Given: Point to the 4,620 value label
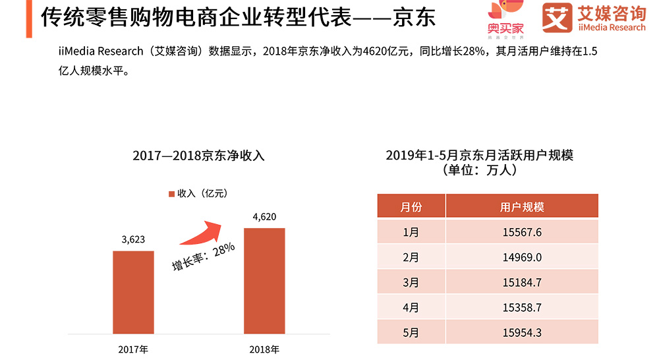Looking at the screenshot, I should pos(264,217).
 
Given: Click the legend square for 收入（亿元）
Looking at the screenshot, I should pos(171,194).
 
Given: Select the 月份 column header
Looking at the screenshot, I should pos(411,207).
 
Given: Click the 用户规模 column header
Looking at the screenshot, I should pos(522,207).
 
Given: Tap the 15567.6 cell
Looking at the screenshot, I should pos(522,232).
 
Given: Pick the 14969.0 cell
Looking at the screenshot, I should pos(522,257).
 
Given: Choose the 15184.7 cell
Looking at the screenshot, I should pos(522,282).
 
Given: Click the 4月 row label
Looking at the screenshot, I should pos(411,307).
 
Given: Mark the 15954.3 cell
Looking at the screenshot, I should pos(522,332).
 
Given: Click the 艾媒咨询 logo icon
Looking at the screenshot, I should pos(557,18).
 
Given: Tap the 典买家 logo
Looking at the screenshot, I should pos(506,18).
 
